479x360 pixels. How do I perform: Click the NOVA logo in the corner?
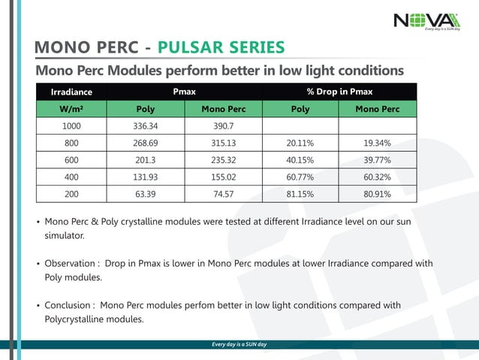coord(426,20)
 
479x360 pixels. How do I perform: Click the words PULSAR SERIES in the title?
coord(226,49)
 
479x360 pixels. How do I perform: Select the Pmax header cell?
coord(184,92)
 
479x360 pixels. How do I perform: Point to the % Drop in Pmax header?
coord(339,92)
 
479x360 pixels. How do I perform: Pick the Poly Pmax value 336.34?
coord(146,126)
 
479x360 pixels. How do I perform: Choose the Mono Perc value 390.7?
coord(223,126)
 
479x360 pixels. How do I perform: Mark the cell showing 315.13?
coord(223,142)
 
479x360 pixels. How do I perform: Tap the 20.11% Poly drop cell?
coord(300,142)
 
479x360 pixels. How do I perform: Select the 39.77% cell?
coord(377,159)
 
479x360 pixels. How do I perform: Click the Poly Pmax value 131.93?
coord(146,177)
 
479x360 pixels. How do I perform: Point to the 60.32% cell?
coord(377,177)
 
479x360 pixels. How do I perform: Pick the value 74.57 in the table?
coord(223,194)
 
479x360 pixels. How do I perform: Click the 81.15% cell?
coord(300,194)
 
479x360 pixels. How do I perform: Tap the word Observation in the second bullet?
coord(70,264)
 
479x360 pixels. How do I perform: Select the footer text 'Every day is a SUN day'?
coord(239,344)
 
